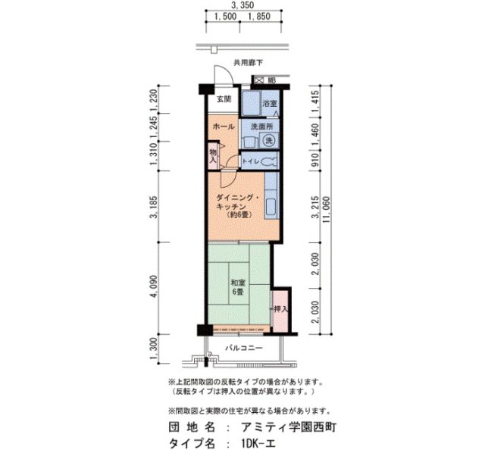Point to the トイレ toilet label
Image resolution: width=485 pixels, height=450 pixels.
point(251,162)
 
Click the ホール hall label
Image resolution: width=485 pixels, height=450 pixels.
point(224,127)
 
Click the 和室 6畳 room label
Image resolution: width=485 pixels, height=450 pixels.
point(238,288)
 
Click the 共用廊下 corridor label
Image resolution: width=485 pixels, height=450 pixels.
point(247,64)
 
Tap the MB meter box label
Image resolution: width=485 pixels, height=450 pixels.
point(271,79)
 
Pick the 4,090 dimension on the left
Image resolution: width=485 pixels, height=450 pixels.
point(155,289)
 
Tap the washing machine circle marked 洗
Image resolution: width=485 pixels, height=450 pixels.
point(268,141)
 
